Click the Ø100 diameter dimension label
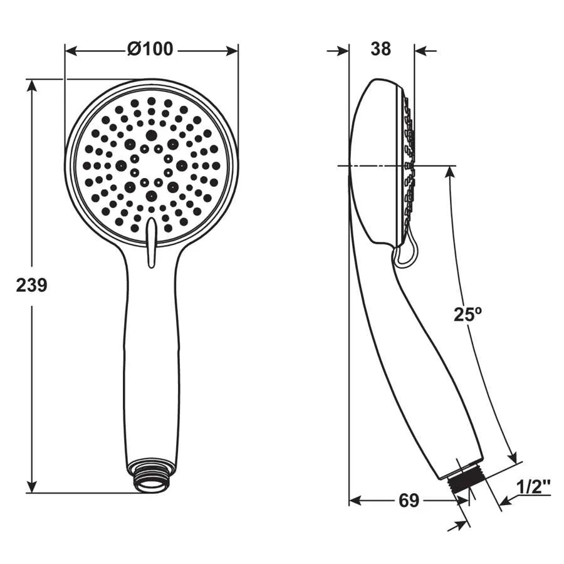pos(150,49)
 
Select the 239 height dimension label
pos(32,286)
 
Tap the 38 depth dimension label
pos(380,49)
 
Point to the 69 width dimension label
pos(409,500)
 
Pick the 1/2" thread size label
pos(533,488)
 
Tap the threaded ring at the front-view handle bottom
pos(152,476)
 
